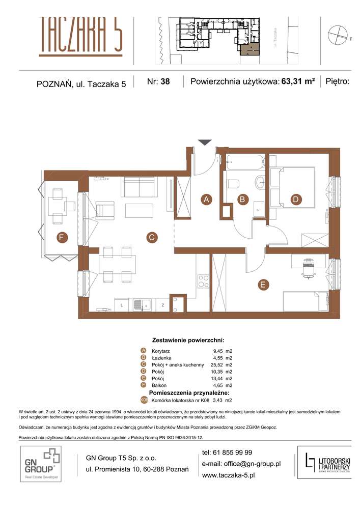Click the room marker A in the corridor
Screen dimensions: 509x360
click(206, 200)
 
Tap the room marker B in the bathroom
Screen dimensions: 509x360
click(243, 200)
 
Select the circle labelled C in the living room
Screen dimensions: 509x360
click(151, 237)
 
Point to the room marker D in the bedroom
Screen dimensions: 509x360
click(295, 200)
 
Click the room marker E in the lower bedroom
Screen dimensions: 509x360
click(263, 285)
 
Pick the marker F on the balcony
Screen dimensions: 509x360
click(61, 237)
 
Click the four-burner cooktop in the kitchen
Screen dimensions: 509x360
click(203, 281)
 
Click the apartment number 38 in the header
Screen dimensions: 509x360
click(165, 81)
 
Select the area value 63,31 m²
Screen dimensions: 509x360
click(297, 81)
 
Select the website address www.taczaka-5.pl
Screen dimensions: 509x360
click(229, 474)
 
